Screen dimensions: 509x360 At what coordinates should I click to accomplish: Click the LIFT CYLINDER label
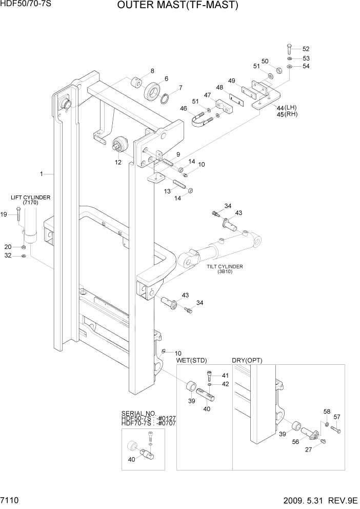click(30, 197)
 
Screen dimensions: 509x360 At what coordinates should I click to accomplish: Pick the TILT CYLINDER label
click(225, 266)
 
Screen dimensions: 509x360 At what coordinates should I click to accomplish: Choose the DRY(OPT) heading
click(247, 360)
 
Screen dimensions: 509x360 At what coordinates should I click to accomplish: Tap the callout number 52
click(306, 49)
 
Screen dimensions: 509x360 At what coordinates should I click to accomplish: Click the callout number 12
click(118, 162)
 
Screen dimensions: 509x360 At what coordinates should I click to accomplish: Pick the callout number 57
click(337, 416)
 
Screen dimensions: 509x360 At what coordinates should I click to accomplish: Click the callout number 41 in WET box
click(226, 376)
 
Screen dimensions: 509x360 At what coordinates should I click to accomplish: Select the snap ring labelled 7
click(166, 98)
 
